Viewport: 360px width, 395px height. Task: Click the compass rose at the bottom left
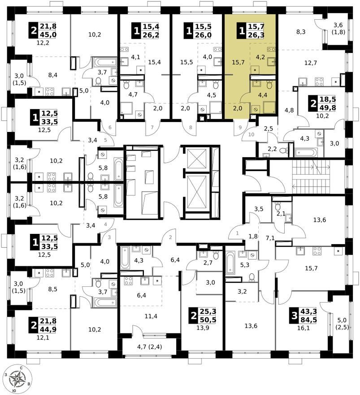(x=17, y=378)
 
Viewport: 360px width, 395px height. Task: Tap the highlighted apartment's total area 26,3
(x=256, y=35)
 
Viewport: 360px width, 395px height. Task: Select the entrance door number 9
(x=240, y=127)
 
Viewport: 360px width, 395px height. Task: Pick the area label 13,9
(x=203, y=328)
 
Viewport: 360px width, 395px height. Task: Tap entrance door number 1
(x=237, y=233)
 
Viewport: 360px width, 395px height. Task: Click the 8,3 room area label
(x=301, y=32)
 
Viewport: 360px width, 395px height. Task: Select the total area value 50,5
(x=208, y=320)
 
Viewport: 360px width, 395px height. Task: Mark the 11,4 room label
(x=151, y=316)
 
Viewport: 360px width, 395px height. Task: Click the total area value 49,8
(x=328, y=108)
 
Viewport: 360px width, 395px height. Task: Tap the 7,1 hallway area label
(x=270, y=238)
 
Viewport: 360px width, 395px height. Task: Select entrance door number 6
(x=110, y=127)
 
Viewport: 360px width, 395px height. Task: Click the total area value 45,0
(x=48, y=35)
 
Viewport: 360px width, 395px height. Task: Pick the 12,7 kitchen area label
(x=311, y=63)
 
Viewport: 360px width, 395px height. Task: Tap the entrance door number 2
(x=170, y=237)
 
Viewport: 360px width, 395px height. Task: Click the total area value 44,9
(x=48, y=329)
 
